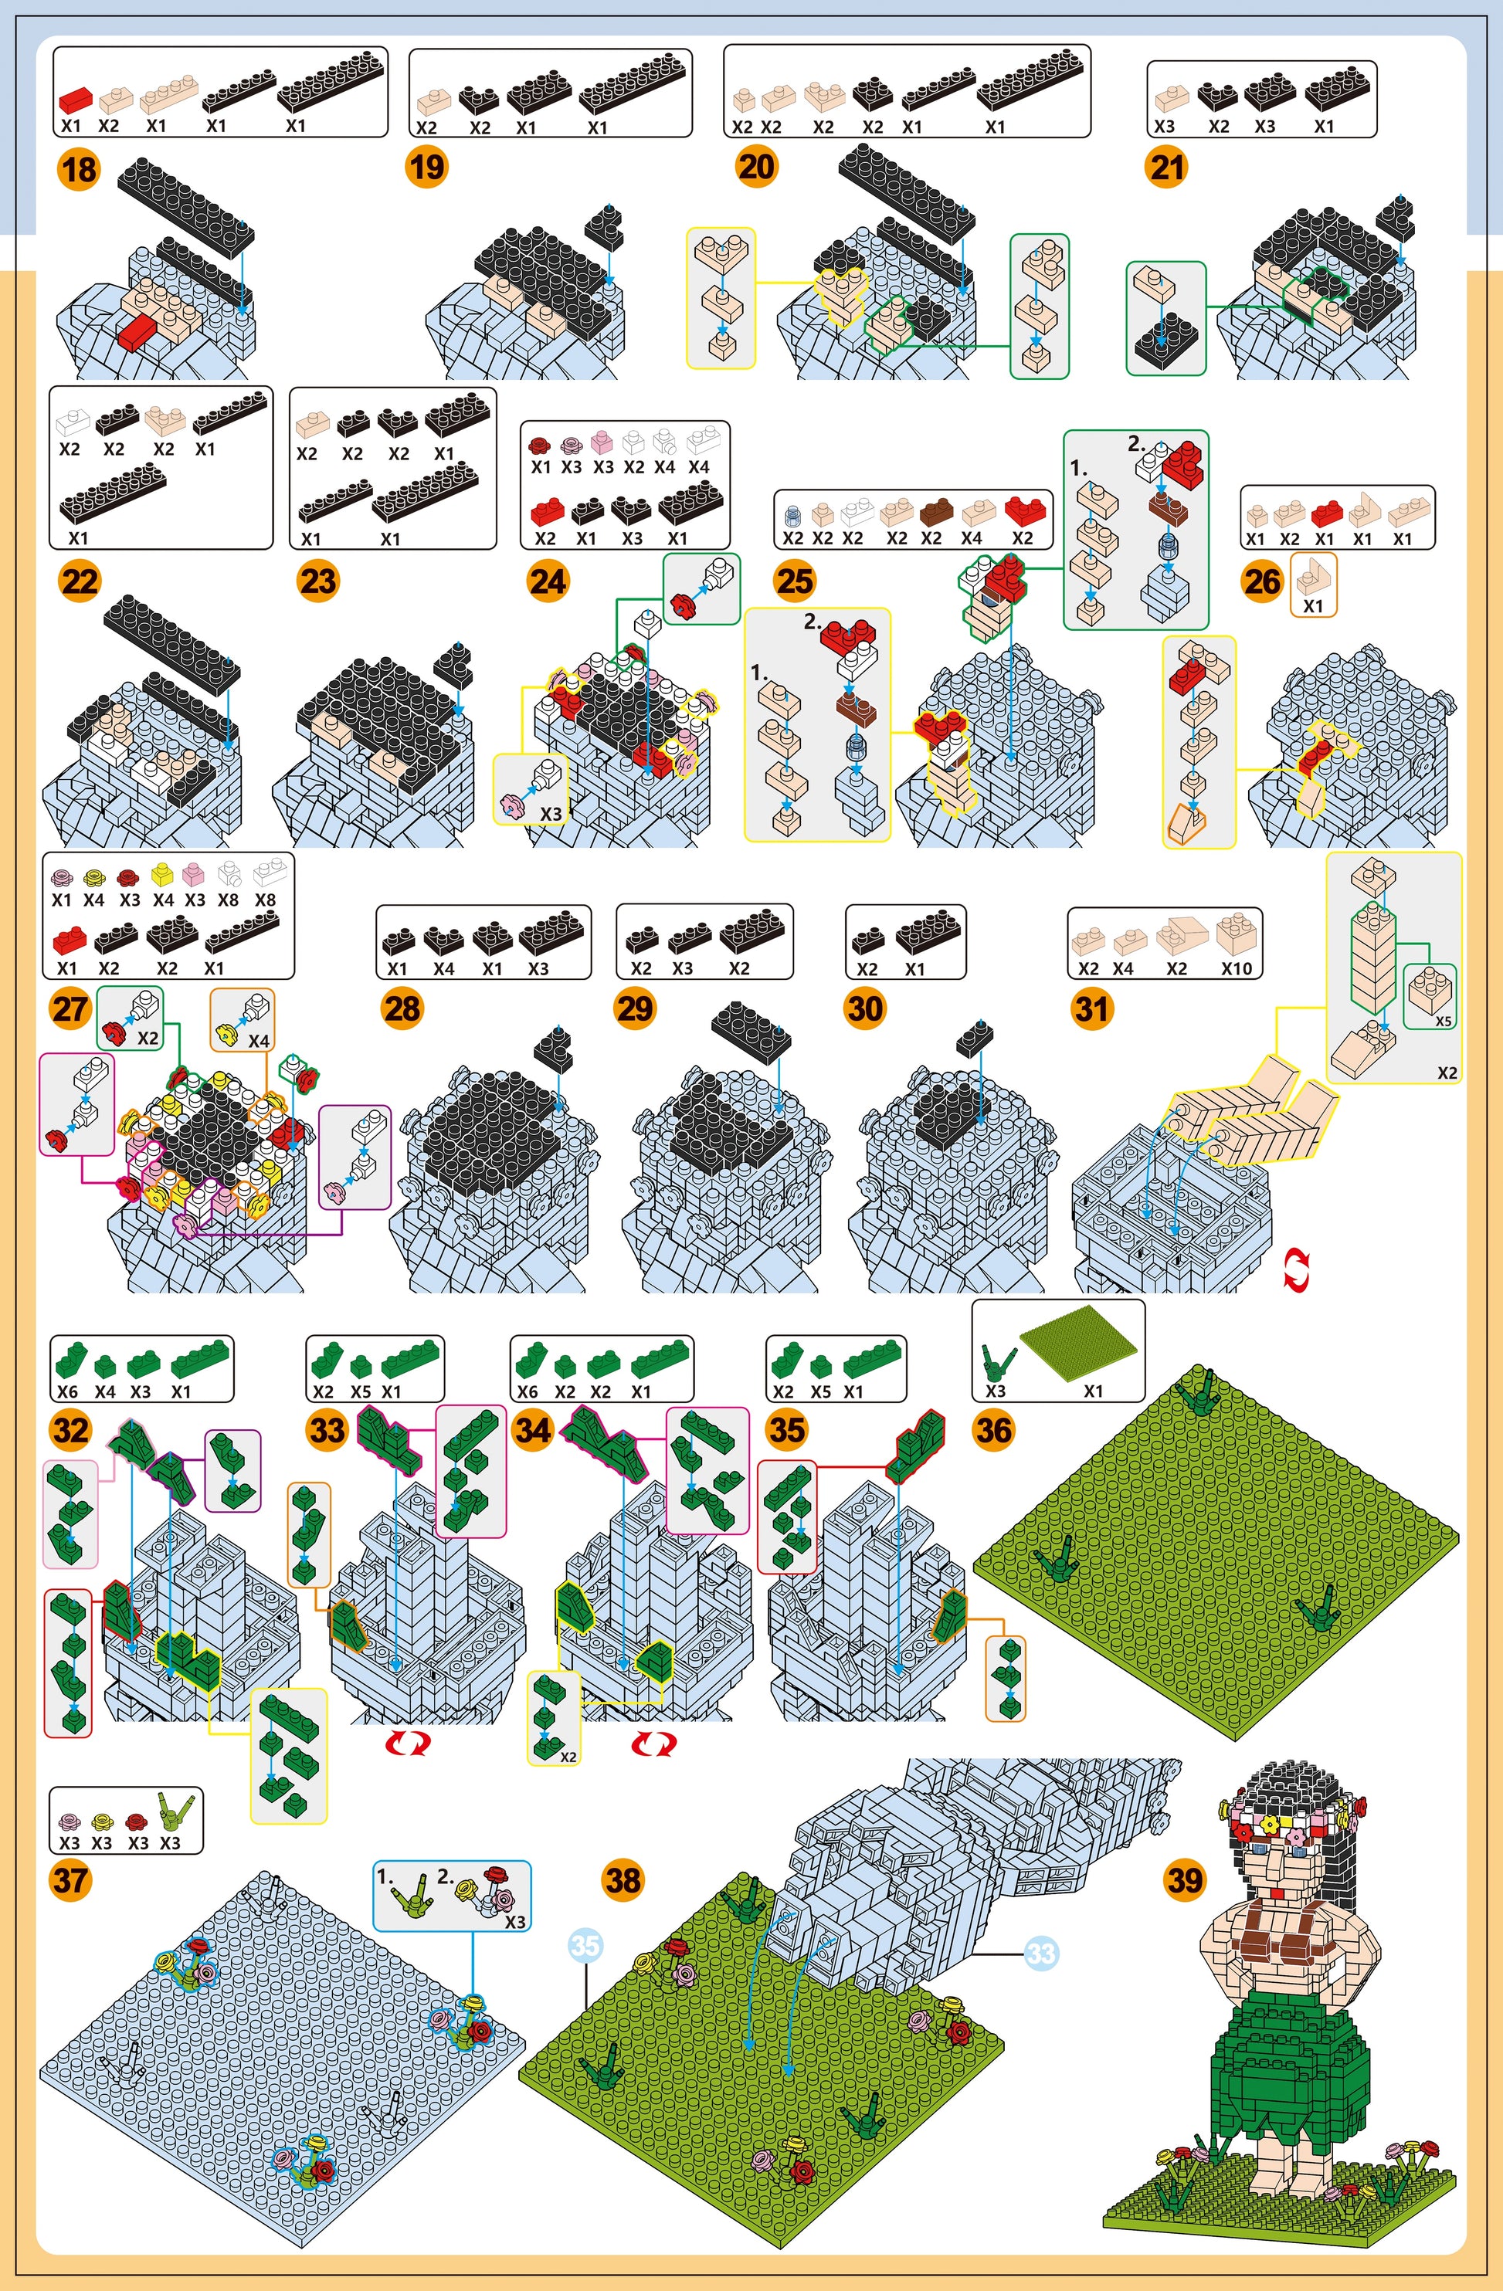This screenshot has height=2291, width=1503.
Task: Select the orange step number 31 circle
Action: pyautogui.click(x=1092, y=1008)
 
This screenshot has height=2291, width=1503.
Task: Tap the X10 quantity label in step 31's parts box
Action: pyautogui.click(x=1237, y=969)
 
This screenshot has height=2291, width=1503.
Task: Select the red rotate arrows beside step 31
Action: pyautogui.click(x=1297, y=1269)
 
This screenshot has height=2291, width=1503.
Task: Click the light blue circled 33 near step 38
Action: pyautogui.click(x=1041, y=1953)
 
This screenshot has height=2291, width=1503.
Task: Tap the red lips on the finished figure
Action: pyautogui.click(x=1276, y=1893)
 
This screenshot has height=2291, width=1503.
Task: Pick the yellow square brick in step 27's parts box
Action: pyautogui.click(x=161, y=877)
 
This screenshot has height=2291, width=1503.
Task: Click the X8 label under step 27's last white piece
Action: pyautogui.click(x=265, y=901)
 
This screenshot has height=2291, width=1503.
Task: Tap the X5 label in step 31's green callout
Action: pyautogui.click(x=1444, y=1022)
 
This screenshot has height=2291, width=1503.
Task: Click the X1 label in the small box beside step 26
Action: pyautogui.click(x=1313, y=606)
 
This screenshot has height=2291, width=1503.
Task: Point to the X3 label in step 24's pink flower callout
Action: pyautogui.click(x=550, y=813)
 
